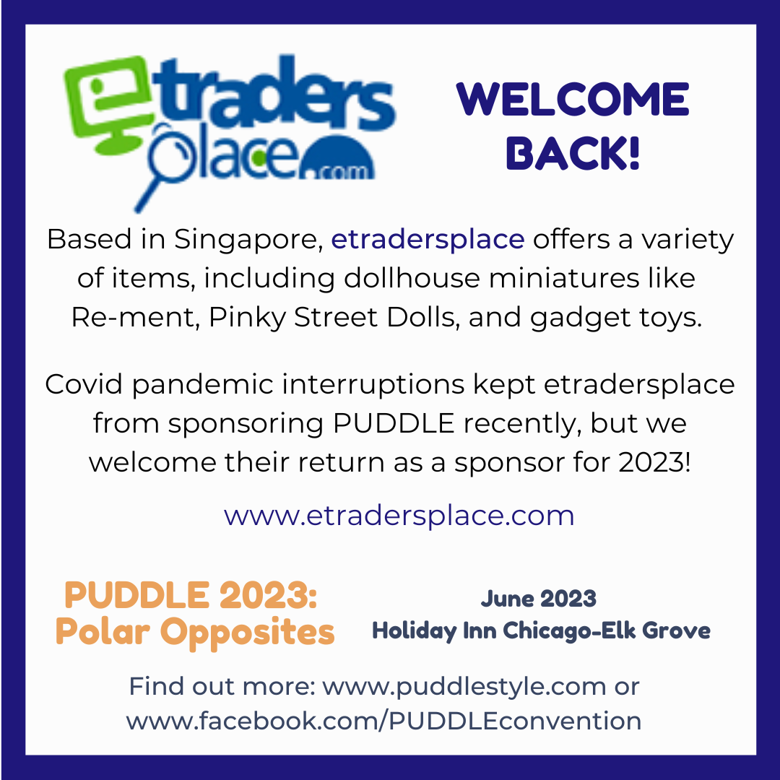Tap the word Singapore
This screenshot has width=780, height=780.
(246, 240)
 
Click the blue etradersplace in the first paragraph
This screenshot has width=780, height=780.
(428, 240)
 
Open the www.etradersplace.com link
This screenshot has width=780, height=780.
(399, 516)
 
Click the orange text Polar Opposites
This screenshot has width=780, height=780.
(195, 632)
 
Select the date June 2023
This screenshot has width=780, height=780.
(539, 599)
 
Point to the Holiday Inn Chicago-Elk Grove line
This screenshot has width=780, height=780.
(541, 630)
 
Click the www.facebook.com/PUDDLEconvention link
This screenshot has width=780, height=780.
(383, 720)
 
